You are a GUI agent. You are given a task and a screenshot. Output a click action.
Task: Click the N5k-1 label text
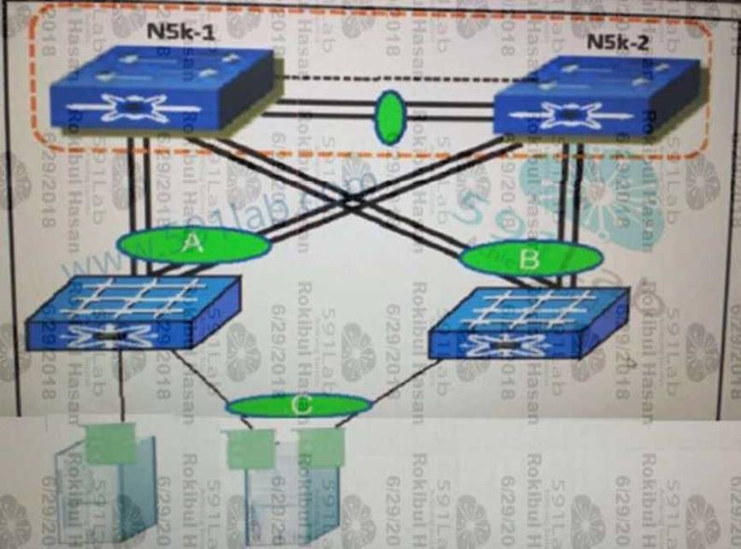tap(182, 33)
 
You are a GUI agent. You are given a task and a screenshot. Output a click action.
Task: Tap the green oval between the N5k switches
tap(390, 117)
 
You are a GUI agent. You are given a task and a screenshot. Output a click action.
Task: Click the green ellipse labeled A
tap(194, 245)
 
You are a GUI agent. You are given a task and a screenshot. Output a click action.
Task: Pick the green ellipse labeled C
tap(299, 406)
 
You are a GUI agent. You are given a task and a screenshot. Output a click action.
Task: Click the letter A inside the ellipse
tap(193, 245)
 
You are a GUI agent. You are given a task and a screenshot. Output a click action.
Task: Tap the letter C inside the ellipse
tap(299, 406)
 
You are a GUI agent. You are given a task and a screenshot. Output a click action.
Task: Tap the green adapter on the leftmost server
tap(111, 443)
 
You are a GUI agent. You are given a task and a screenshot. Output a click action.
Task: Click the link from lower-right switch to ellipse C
tap(402, 381)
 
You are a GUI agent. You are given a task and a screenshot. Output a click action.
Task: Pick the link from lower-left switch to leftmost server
tap(121, 385)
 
